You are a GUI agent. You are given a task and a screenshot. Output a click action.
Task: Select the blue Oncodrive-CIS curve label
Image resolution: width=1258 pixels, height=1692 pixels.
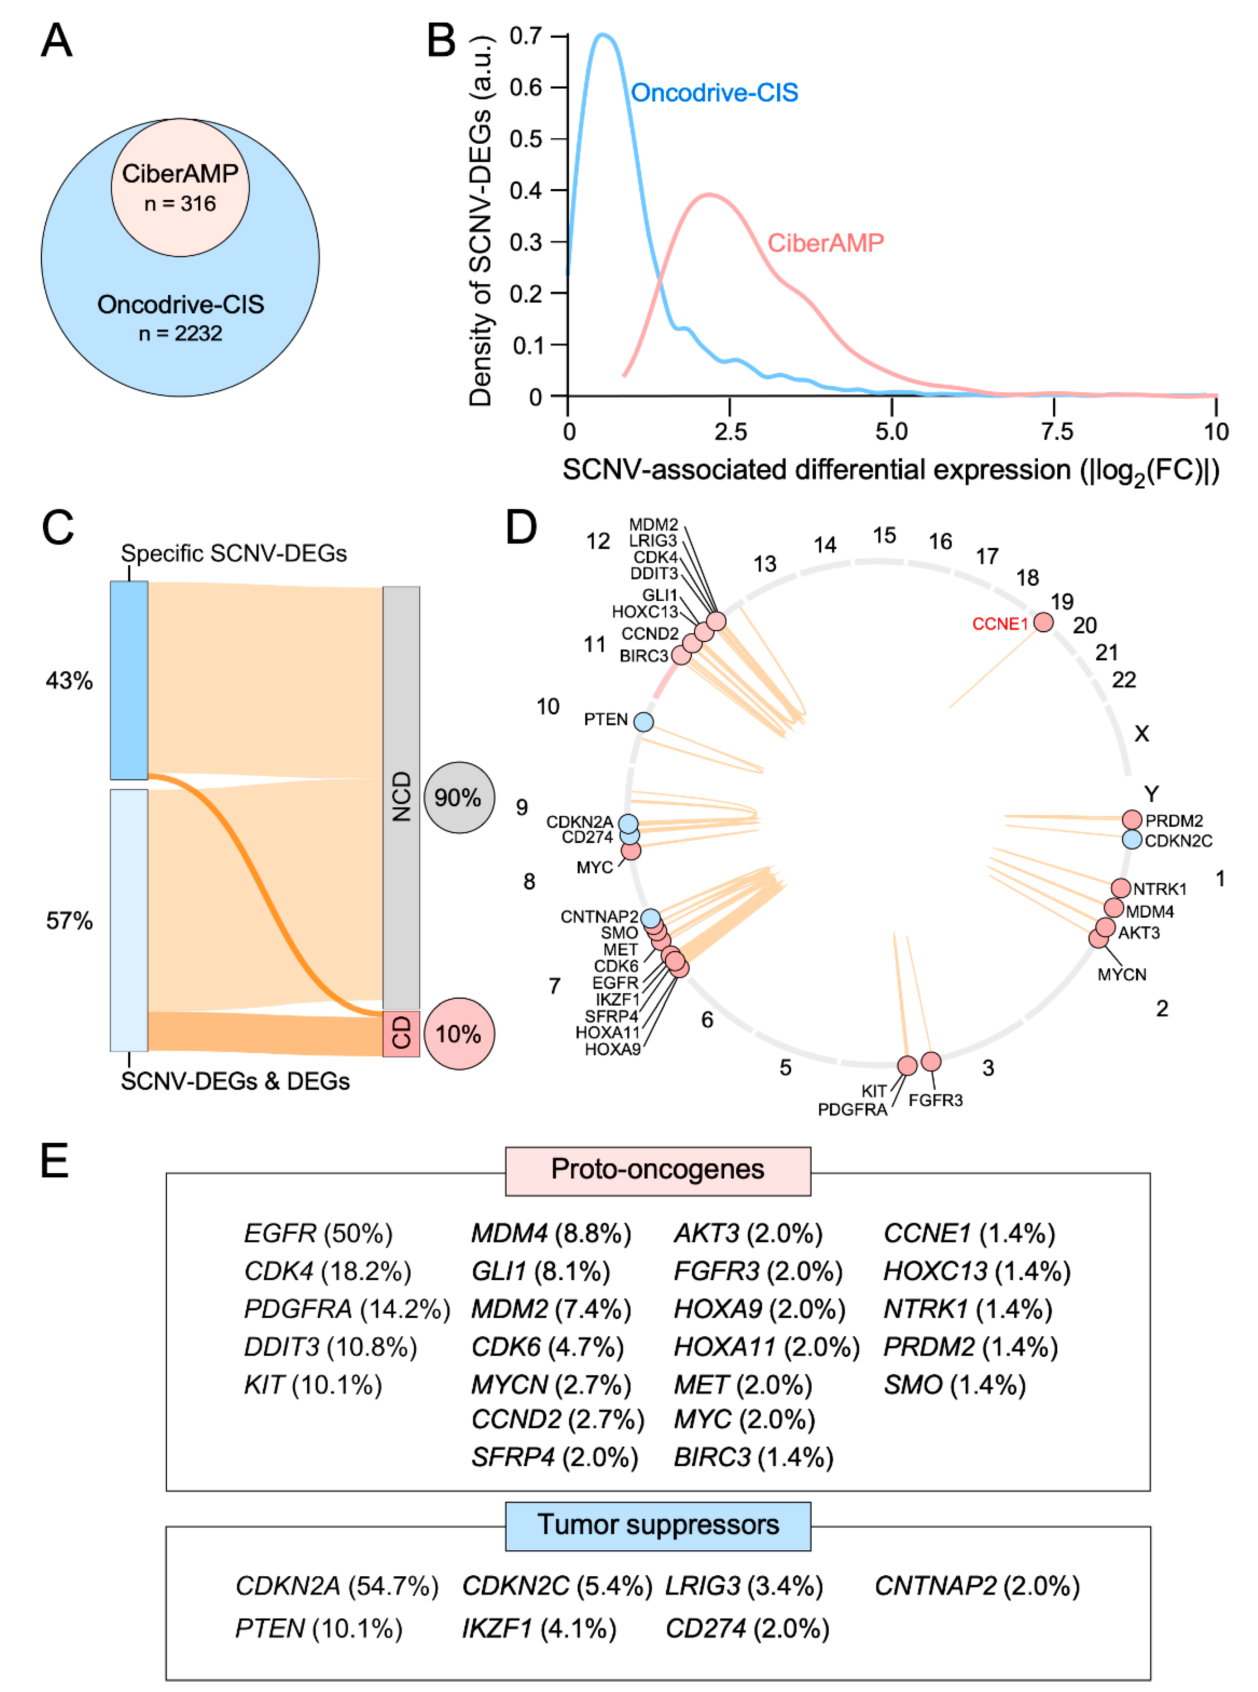pyautogui.click(x=714, y=93)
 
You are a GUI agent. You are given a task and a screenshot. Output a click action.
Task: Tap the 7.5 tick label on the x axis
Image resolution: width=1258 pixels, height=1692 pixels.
pyautogui.click(x=1056, y=432)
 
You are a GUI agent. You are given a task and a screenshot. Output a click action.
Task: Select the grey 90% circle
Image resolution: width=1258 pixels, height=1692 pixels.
pyautogui.click(x=458, y=797)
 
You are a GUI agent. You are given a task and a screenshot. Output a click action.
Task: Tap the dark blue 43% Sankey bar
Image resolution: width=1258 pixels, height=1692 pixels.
pyautogui.click(x=129, y=680)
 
